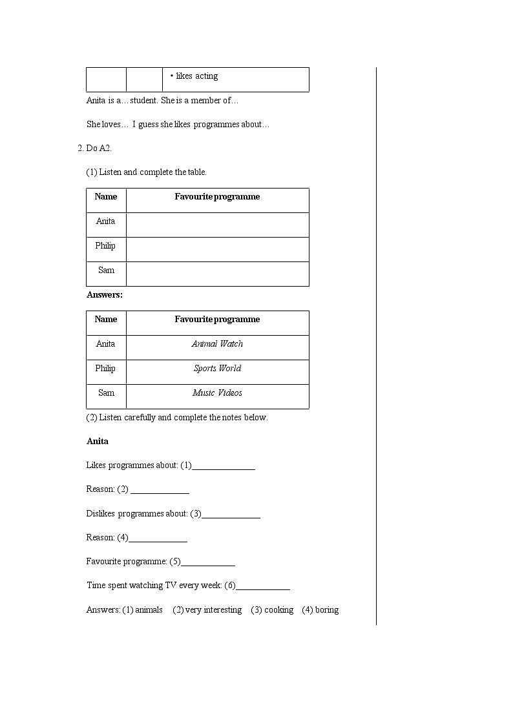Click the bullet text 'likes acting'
(x=196, y=76)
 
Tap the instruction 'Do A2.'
(x=99, y=148)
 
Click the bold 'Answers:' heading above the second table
(x=105, y=295)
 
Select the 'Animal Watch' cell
(x=217, y=344)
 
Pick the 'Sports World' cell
(x=217, y=369)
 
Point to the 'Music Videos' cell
(x=217, y=393)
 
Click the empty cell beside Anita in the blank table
(x=217, y=225)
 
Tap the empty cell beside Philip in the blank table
(x=217, y=249)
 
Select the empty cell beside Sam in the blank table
(x=217, y=274)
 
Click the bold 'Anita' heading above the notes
(x=98, y=442)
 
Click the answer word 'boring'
(x=327, y=610)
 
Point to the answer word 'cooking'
(x=278, y=610)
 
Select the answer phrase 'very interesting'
(x=213, y=610)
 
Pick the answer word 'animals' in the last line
(x=149, y=610)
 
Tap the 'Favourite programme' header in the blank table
(x=217, y=197)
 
